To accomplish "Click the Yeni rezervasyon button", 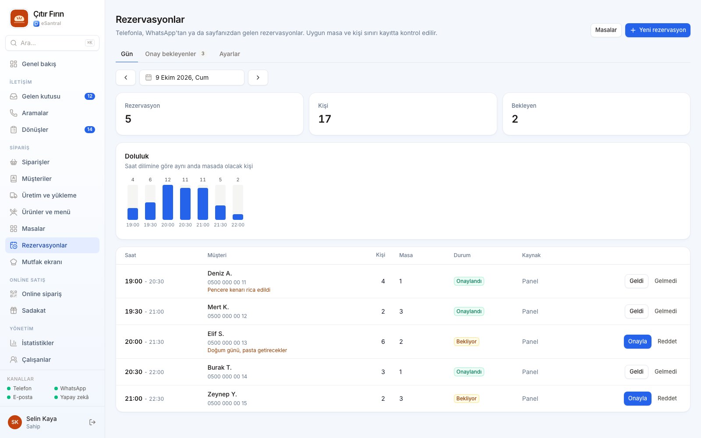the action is [x=658, y=30].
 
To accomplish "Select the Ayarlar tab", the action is [x=230, y=54].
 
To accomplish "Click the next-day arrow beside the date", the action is [x=258, y=77].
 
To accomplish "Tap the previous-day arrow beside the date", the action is [x=125, y=77].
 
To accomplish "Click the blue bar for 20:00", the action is [x=168, y=202].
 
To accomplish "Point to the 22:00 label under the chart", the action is [x=238, y=225].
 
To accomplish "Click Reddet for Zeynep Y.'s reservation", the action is [x=667, y=398].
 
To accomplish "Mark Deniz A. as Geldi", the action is [x=636, y=281].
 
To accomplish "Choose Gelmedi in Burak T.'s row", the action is [x=666, y=372].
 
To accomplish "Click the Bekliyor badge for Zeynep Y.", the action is [x=466, y=398].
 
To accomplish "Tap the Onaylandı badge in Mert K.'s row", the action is [x=469, y=311].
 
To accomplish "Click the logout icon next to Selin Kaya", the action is [x=92, y=422].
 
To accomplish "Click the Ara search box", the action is [x=52, y=43].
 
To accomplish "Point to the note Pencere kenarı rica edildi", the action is [x=239, y=290].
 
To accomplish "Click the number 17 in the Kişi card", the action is [x=325, y=119].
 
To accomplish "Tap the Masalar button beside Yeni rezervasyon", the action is [x=606, y=30].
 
